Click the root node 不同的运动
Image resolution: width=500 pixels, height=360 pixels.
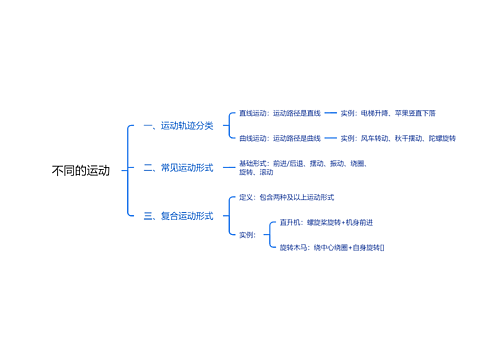[x=81, y=171]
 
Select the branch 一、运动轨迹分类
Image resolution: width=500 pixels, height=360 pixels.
[x=178, y=126]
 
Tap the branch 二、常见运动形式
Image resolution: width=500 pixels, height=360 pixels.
[x=178, y=168]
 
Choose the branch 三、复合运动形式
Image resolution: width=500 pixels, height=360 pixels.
[x=178, y=215]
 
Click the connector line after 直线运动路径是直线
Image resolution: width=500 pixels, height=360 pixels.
[x=331, y=113]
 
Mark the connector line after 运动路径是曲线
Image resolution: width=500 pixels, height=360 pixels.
[x=331, y=138]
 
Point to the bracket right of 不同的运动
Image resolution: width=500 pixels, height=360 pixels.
[x=128, y=170]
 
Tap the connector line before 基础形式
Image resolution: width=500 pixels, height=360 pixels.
[x=228, y=168]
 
